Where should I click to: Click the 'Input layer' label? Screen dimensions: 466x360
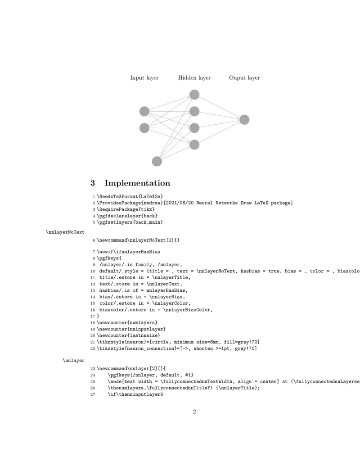[x=144, y=78]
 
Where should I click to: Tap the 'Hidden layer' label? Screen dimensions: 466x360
[x=194, y=78]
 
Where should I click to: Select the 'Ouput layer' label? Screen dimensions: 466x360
[x=244, y=78]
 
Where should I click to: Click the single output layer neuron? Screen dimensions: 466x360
[x=244, y=120]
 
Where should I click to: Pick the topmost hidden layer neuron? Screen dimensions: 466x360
[x=194, y=95]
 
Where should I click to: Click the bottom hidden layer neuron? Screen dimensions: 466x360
[x=194, y=145]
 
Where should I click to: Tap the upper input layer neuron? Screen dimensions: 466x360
[x=144, y=111]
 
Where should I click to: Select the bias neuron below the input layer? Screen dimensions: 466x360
[x=157, y=161]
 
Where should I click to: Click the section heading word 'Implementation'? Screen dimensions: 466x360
[x=137, y=183]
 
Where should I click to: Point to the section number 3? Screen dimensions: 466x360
[x=93, y=183]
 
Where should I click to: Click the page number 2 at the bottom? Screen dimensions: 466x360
[x=194, y=412]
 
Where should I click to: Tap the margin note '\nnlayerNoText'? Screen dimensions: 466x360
[x=65, y=232]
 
